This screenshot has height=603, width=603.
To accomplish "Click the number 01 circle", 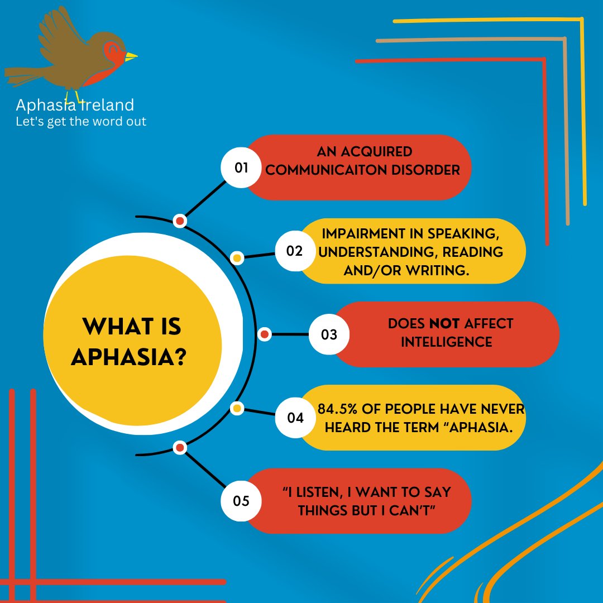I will pyautogui.click(x=241, y=167).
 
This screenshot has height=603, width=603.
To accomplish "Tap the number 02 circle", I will pyautogui.click(x=294, y=251).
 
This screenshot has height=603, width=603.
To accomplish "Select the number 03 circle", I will pyautogui.click(x=329, y=334).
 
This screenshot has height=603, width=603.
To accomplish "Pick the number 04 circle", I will pyautogui.click(x=294, y=417).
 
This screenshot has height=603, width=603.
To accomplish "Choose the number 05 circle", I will pyautogui.click(x=241, y=501).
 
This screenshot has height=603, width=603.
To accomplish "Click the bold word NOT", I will pyautogui.click(x=444, y=324).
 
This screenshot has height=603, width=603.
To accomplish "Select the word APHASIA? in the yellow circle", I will pyautogui.click(x=128, y=356).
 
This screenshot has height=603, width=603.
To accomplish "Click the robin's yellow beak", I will pyautogui.click(x=131, y=56).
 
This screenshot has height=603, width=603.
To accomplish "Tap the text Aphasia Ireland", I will pyautogui.click(x=75, y=105).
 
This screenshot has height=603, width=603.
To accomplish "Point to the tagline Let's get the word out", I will pyautogui.click(x=82, y=121).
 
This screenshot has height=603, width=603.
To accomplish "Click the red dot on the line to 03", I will pyautogui.click(x=265, y=334).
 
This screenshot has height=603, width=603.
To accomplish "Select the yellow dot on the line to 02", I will pyautogui.click(x=237, y=258).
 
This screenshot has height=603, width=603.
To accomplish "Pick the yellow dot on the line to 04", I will pyautogui.click(x=237, y=409).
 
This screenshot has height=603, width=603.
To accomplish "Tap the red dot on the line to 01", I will pyautogui.click(x=180, y=221).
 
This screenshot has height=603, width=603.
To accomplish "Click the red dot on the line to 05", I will pyautogui.click(x=180, y=447).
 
